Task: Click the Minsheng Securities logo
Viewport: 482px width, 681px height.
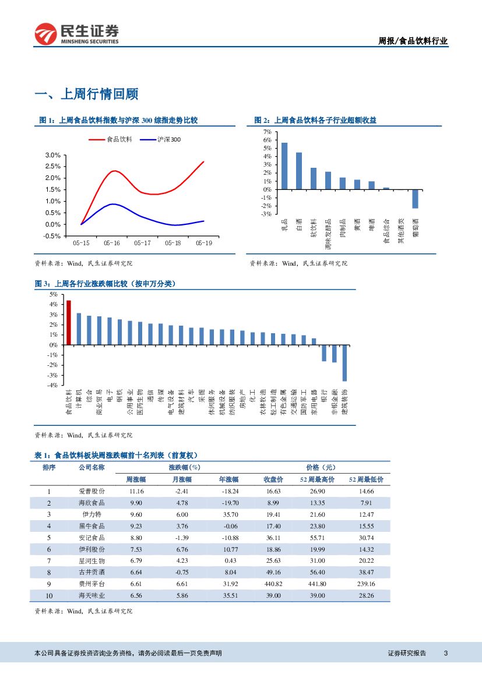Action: [x=76, y=34]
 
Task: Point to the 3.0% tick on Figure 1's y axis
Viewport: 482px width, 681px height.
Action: [x=53, y=155]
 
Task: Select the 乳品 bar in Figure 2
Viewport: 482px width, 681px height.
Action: [x=284, y=165]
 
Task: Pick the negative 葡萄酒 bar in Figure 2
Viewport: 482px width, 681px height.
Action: [x=416, y=199]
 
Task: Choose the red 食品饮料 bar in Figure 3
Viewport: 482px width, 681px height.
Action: [x=69, y=322]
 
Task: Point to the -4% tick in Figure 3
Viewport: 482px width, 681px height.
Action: [x=53, y=385]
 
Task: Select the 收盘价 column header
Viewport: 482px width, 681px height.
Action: [x=273, y=479]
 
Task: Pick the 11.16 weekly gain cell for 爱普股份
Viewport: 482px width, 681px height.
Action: [x=136, y=491]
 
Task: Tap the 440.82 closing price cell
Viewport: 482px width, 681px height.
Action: [x=273, y=584]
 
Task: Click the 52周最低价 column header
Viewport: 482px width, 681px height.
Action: [x=366, y=479]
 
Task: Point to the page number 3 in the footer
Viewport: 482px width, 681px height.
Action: [x=445, y=653]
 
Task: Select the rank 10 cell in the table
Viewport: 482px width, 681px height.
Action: [x=49, y=595]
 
